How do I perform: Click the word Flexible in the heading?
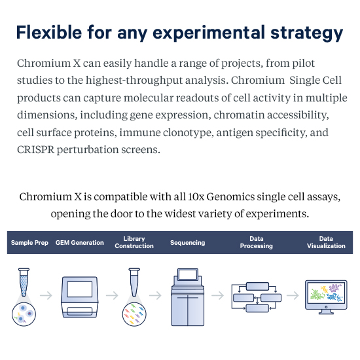[49, 32]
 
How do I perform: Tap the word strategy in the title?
[307, 34]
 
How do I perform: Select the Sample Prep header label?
[29, 243]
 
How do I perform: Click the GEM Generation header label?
[80, 242]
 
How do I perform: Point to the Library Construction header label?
[134, 242]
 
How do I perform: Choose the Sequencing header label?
[188, 243]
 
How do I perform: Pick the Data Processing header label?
[256, 242]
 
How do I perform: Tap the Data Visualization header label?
[326, 242]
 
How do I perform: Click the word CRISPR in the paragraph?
[36, 150]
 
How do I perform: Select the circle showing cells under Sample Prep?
[24, 314]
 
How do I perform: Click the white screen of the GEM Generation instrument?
[80, 289]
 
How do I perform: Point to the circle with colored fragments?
[134, 314]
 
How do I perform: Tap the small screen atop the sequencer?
[188, 274]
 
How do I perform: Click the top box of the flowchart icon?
[257, 286]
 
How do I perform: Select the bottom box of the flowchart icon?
[257, 308]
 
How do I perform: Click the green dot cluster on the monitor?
[317, 295]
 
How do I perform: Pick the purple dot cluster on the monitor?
[335, 287]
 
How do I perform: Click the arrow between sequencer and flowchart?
[217, 295]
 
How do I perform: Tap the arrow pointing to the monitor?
[293, 295]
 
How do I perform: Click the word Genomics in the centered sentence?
[230, 197]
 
